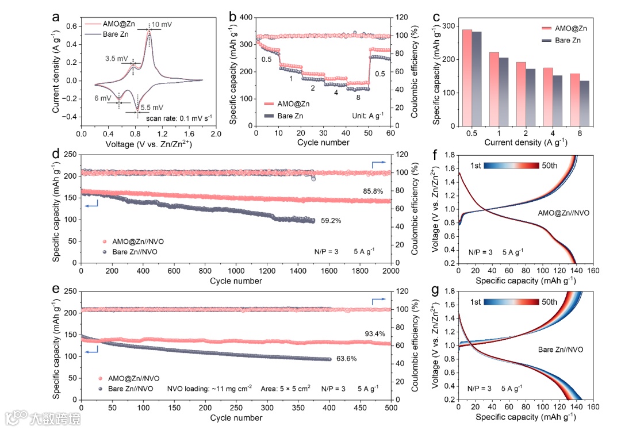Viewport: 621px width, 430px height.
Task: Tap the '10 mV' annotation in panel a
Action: pyautogui.click(x=163, y=25)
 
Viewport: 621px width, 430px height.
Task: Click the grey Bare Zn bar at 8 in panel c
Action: pyautogui.click(x=584, y=103)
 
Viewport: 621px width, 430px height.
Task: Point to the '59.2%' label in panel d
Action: pyautogui.click(x=329, y=219)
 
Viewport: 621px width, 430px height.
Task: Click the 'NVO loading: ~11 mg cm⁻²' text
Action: pyautogui.click(x=209, y=389)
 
